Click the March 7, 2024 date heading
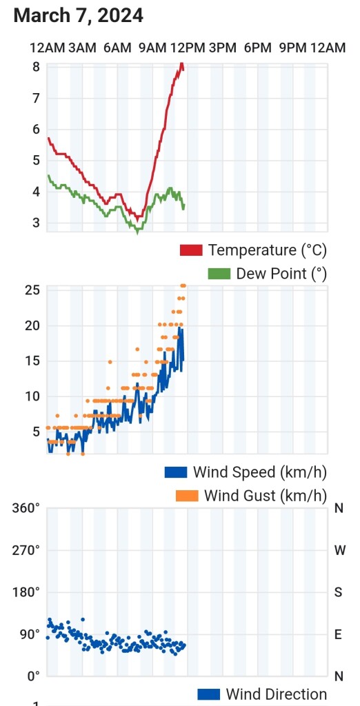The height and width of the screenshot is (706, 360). point(79,16)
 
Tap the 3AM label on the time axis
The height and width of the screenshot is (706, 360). point(83,48)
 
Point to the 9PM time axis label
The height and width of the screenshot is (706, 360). point(293,48)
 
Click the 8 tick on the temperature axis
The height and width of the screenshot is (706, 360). point(36,67)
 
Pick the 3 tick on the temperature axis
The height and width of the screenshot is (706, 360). point(36,223)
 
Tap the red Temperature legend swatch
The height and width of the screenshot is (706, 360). point(191,250)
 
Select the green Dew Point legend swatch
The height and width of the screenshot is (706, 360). point(219,274)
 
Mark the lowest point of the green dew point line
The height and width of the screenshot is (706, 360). point(138,233)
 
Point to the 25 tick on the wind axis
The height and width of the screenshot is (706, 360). point(34,290)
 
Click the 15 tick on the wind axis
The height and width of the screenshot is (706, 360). point(34,361)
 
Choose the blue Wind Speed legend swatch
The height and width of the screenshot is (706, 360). point(177,472)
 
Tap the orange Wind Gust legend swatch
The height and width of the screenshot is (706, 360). point(187,496)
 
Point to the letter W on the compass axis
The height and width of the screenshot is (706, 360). point(339,550)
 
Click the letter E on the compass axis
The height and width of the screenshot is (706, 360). point(339,634)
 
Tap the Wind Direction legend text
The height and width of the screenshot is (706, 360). point(276,694)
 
